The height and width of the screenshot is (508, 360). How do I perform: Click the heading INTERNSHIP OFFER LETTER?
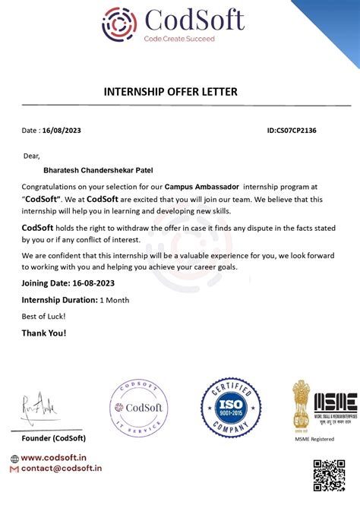click(x=170, y=92)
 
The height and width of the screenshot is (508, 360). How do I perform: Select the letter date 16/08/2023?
click(x=61, y=131)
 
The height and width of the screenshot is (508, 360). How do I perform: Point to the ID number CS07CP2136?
click(x=292, y=131)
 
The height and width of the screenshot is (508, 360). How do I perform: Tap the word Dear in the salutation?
click(x=30, y=156)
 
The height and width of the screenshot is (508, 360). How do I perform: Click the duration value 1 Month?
click(x=115, y=300)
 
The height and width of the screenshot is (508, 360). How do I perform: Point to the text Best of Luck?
click(x=43, y=316)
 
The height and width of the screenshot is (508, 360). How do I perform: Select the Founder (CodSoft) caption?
click(x=53, y=438)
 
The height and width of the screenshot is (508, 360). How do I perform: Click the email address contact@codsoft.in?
click(x=62, y=469)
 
